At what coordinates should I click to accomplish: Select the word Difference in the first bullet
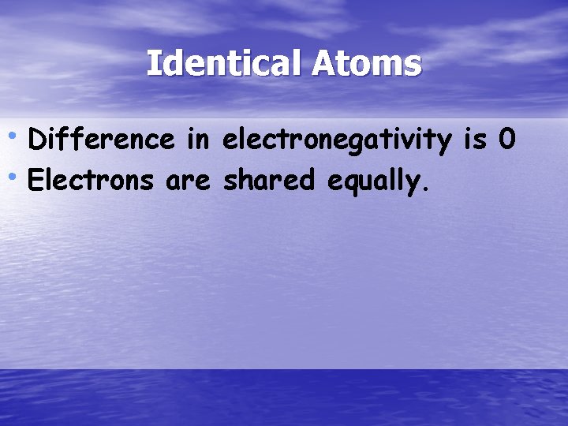100,140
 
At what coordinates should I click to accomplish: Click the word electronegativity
337,141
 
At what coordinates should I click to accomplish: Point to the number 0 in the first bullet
506,140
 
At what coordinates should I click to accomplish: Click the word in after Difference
197,140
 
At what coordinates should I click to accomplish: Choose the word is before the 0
475,140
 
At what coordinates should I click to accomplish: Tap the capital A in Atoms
323,63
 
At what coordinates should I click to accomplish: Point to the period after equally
427,189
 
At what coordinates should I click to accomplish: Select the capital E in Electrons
35,181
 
